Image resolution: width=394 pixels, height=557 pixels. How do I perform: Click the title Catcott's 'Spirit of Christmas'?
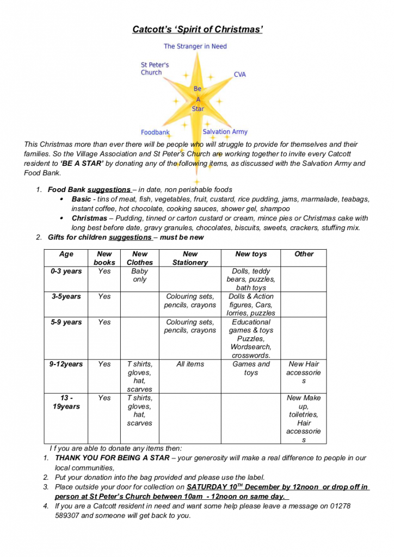[x=198, y=29]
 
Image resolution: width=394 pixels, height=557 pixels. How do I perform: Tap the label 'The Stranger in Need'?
[x=195, y=47]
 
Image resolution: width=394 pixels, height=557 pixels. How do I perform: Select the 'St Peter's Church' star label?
[x=155, y=69]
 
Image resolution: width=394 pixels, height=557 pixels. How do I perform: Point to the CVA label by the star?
[x=240, y=75]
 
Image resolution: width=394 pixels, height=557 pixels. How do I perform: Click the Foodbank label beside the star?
[x=155, y=132]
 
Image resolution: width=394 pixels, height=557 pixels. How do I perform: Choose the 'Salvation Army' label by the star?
[x=225, y=132]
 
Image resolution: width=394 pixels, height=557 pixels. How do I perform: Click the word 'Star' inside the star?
[x=198, y=109]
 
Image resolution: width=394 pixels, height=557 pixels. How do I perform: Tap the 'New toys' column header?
[x=251, y=254]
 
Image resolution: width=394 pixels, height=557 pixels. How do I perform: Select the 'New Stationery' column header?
[x=190, y=258]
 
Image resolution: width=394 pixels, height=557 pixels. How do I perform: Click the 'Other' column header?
[x=304, y=254]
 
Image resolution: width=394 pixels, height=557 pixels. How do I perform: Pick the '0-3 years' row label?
[x=66, y=271]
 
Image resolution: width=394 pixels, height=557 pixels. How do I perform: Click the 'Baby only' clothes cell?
[x=140, y=275]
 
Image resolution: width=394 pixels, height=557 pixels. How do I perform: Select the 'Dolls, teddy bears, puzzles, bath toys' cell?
[x=251, y=279]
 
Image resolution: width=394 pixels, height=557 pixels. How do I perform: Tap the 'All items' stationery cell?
[x=190, y=364]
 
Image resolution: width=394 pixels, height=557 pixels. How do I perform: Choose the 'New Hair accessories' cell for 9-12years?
[x=304, y=373]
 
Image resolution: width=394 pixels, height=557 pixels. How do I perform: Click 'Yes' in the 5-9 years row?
[x=104, y=322]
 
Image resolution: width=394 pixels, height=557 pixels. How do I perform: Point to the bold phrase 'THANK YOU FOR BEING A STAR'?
[x=113, y=458]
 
